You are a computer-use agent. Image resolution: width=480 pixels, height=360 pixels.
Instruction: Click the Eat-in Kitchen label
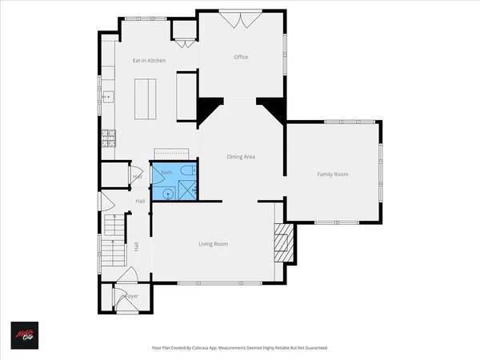pyautogui.click(x=150, y=61)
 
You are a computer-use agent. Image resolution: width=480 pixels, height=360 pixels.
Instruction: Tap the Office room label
pyautogui.click(x=240, y=57)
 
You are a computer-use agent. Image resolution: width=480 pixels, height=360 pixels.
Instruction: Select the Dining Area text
pyautogui.click(x=241, y=157)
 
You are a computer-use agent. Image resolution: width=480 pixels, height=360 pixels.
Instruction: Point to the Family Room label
pyautogui.click(x=332, y=174)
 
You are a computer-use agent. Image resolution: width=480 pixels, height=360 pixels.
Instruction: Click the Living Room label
pyautogui.click(x=214, y=244)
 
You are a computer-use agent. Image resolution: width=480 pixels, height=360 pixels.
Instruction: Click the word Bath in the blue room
pyautogui.click(x=166, y=173)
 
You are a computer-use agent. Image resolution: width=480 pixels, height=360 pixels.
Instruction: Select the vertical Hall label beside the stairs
pyautogui.click(x=137, y=248)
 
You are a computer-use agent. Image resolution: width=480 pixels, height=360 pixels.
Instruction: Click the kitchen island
pyautogui.click(x=146, y=99)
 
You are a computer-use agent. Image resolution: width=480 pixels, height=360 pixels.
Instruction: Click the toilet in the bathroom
pyautogui.click(x=185, y=170)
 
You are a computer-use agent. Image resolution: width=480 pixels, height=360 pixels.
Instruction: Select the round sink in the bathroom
pyautogui.click(x=167, y=192)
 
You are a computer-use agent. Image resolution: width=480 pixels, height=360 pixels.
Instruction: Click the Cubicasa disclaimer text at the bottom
pyautogui.click(x=239, y=348)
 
